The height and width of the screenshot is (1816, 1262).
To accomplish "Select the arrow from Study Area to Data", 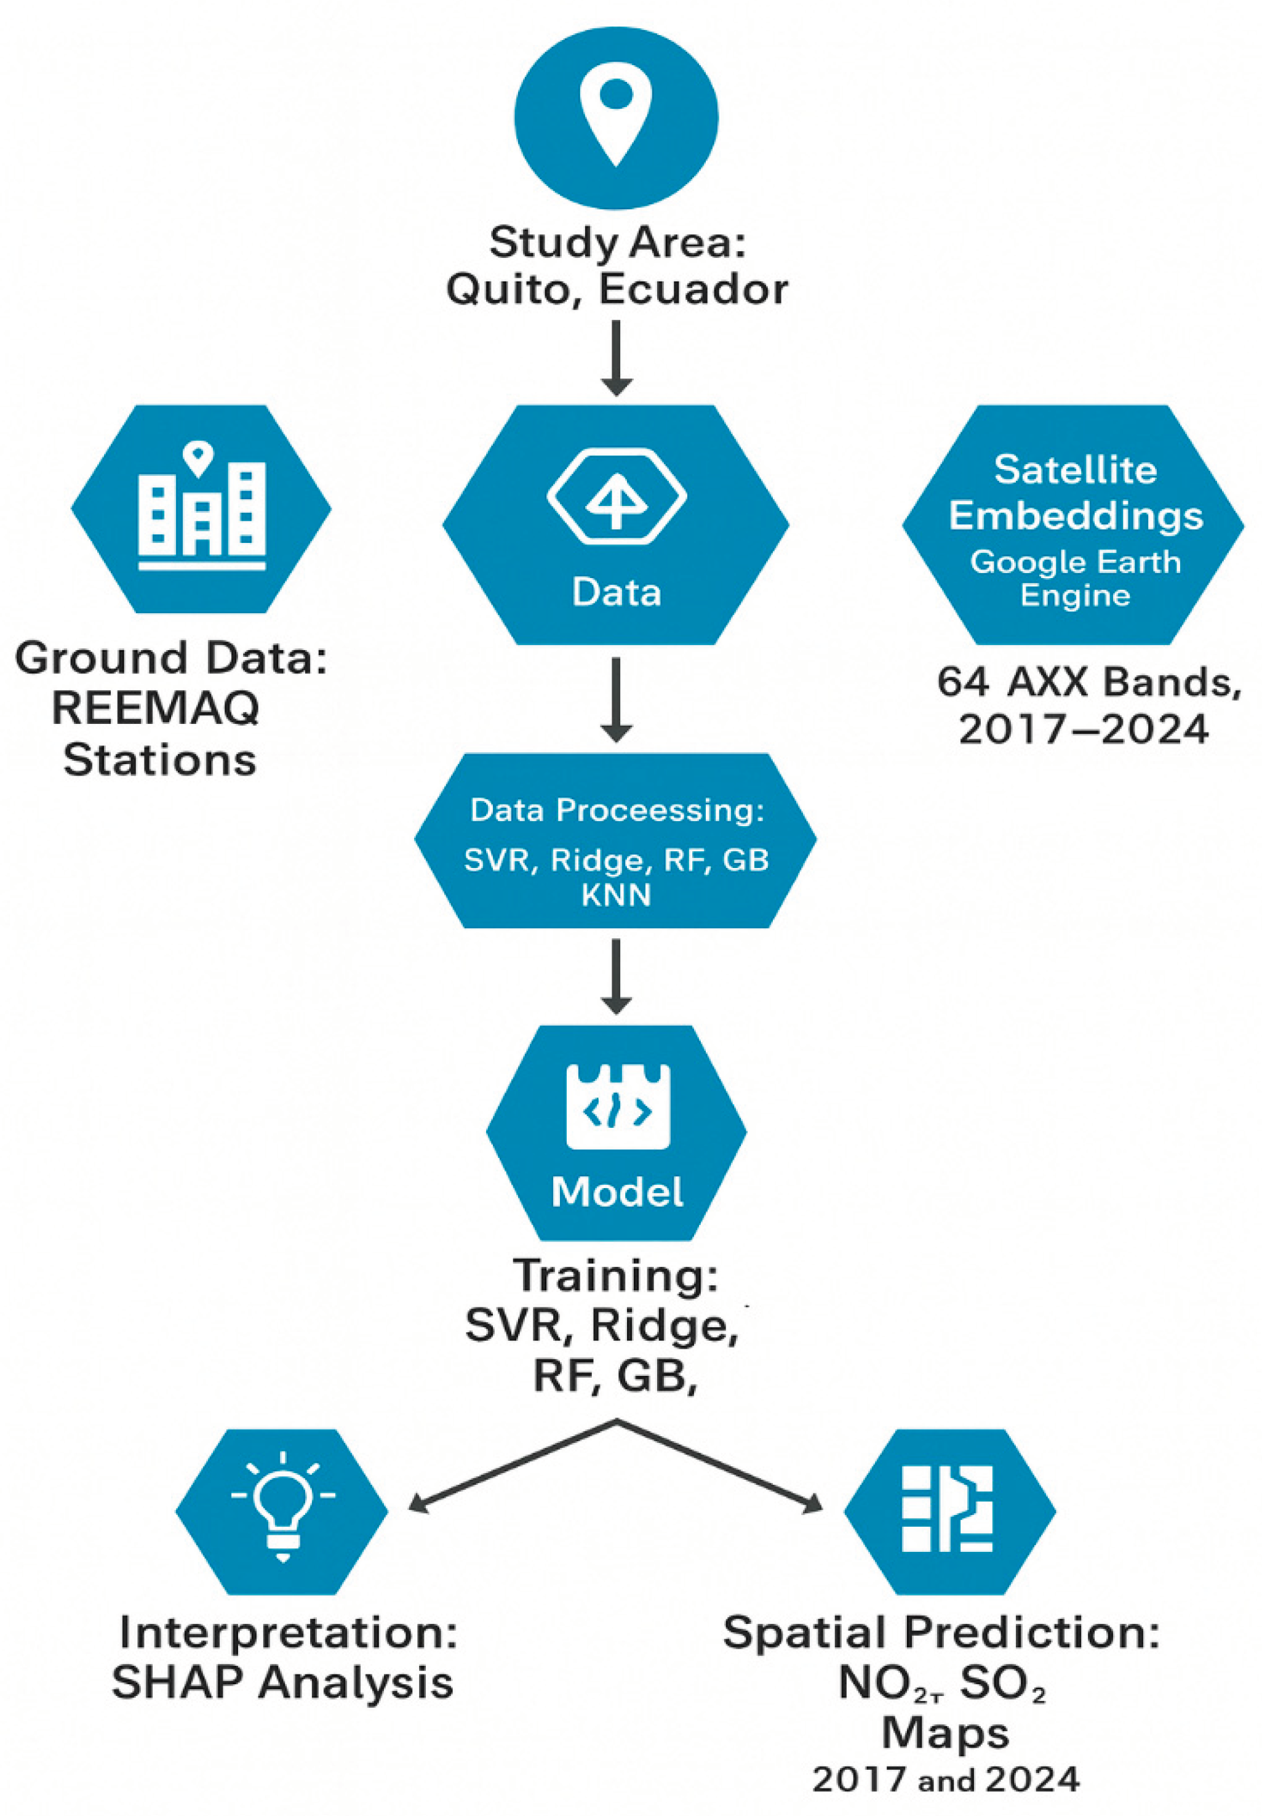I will point(616,356).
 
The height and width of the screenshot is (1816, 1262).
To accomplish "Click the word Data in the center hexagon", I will point(616,592).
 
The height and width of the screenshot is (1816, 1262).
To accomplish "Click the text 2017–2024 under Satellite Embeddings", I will point(1084,728).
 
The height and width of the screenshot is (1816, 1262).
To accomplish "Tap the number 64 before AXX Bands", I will point(962,682).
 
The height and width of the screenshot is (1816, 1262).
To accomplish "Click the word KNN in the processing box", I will point(616,895).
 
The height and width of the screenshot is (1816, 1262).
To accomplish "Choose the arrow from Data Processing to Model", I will point(616,975).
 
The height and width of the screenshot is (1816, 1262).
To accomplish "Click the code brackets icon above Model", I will point(618,1107).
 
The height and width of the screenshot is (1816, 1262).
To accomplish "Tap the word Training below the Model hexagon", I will point(615,1276).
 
